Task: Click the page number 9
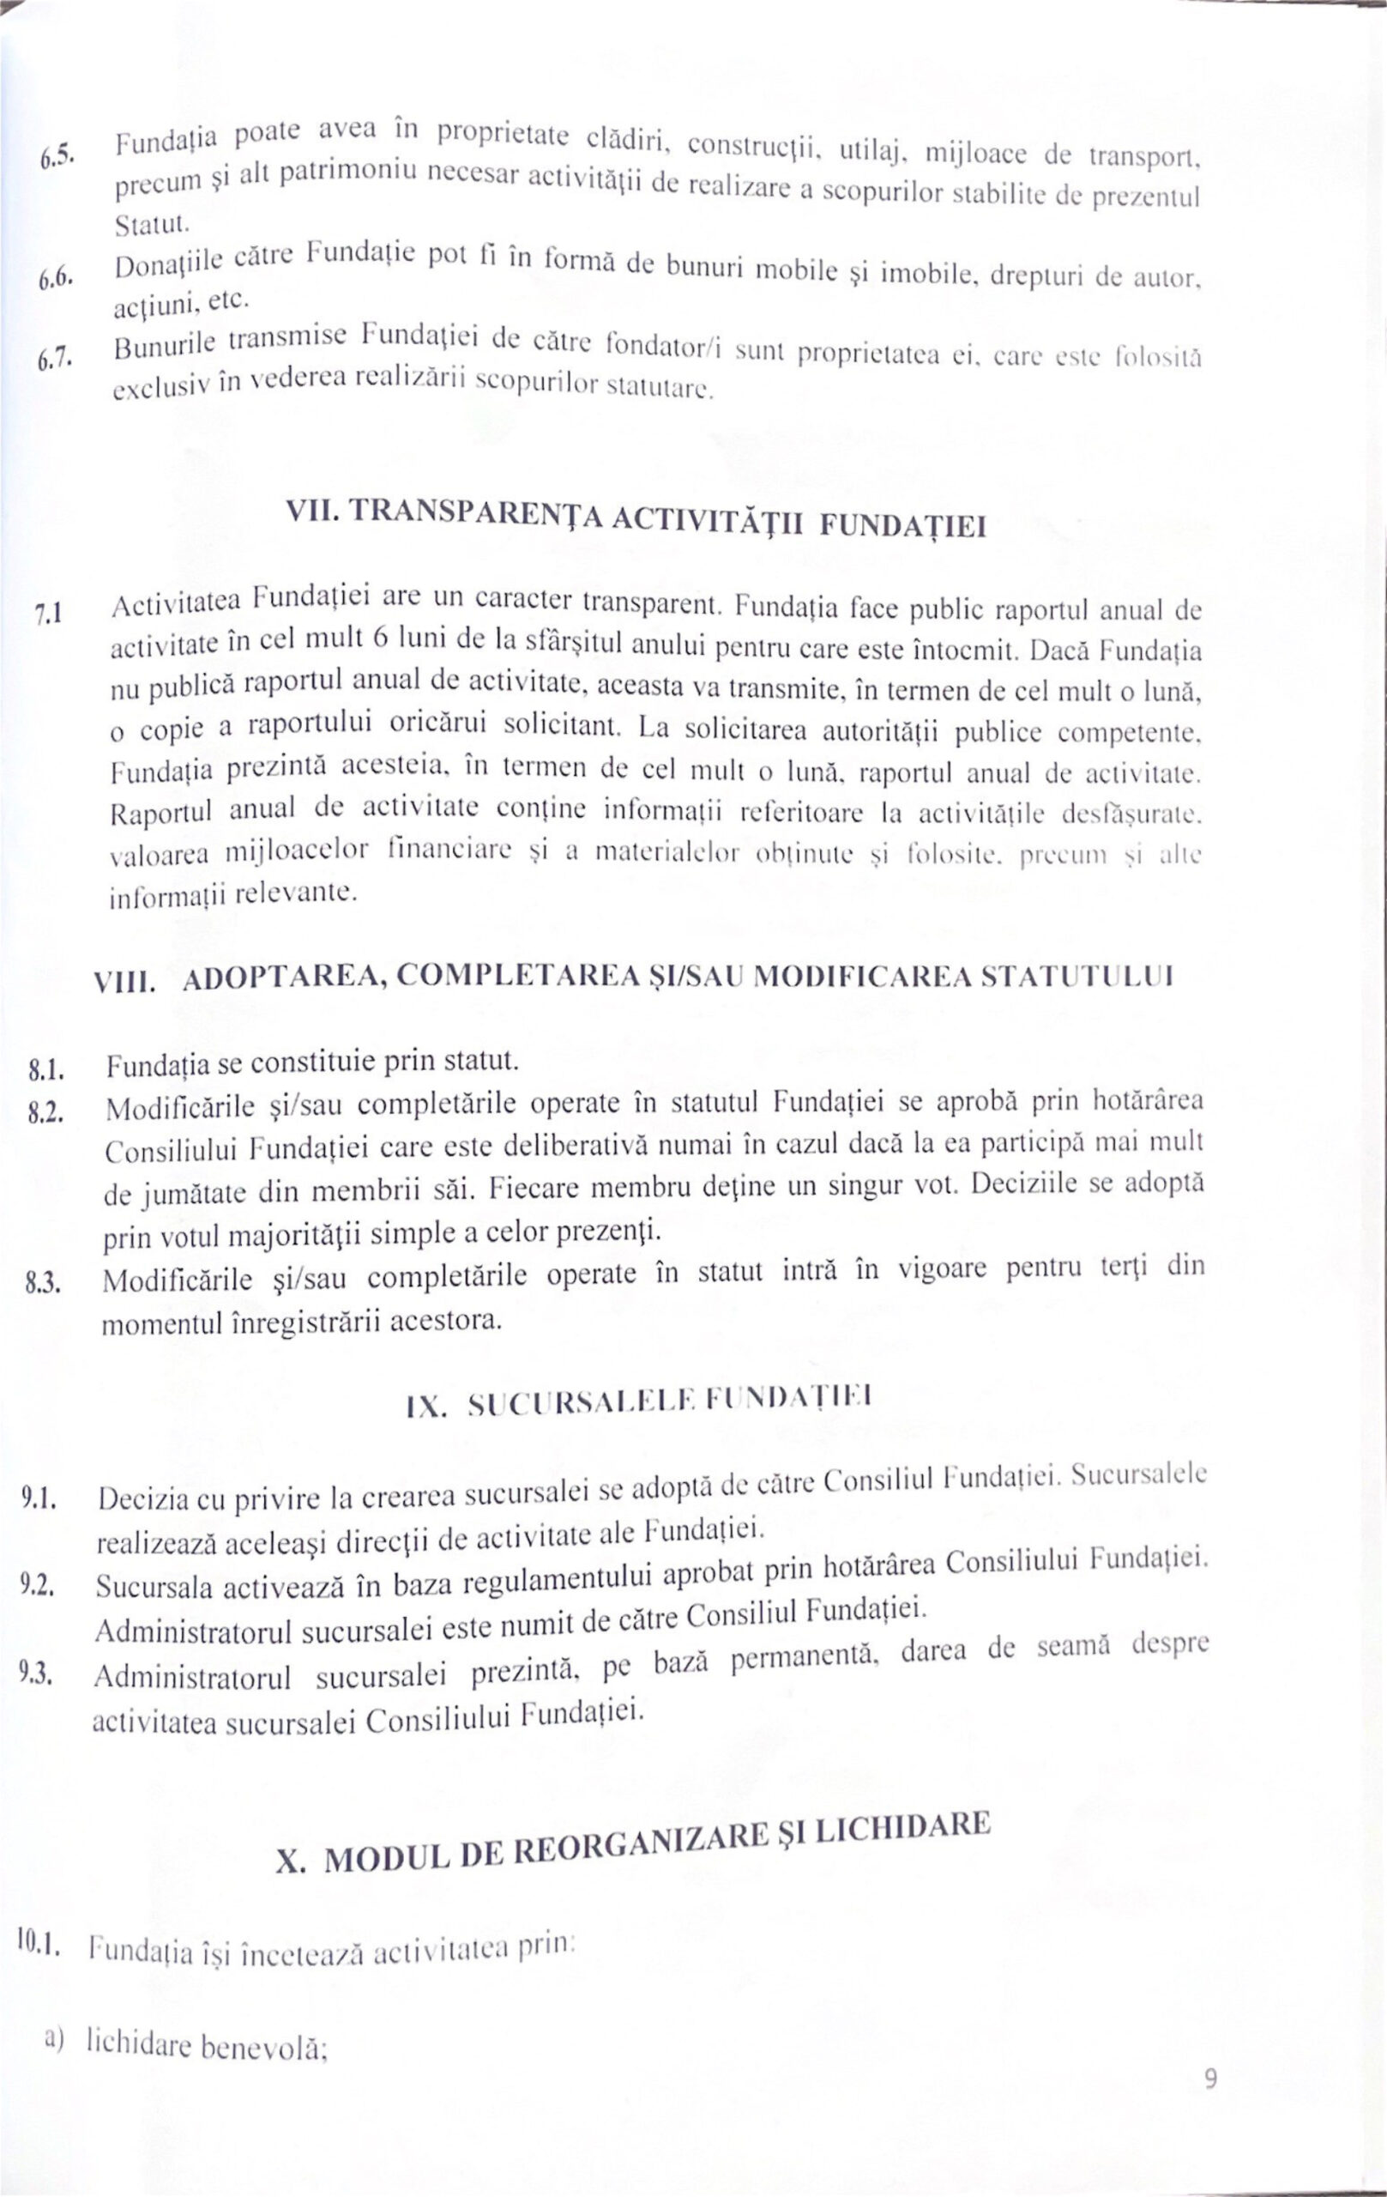(1211, 2079)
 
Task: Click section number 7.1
(47, 615)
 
